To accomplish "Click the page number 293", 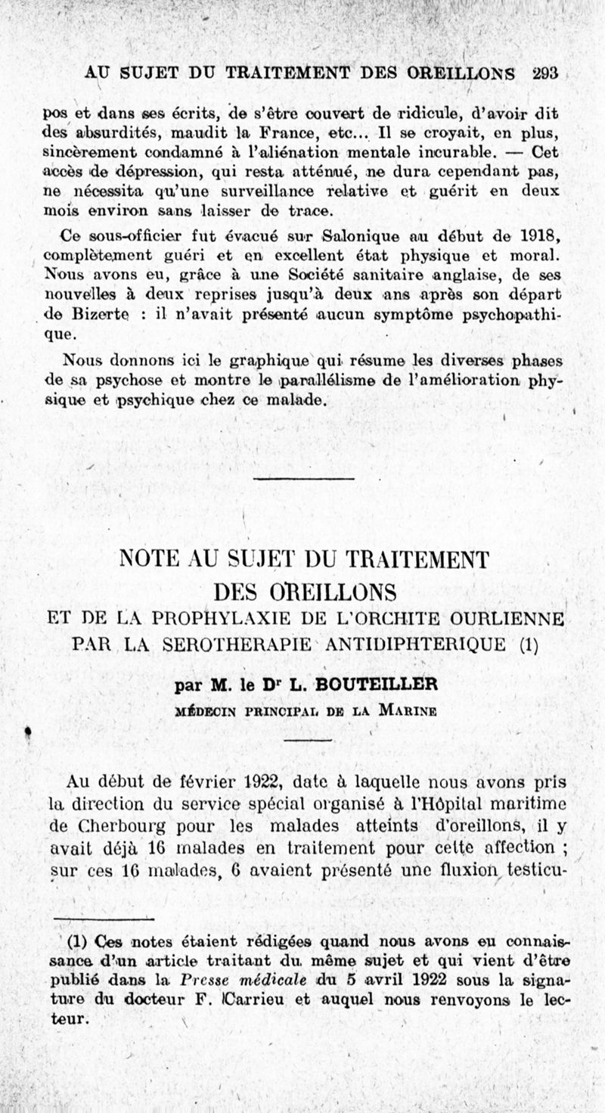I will coord(544,73).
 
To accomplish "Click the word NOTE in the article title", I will coord(148,561).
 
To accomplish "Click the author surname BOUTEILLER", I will coord(384,686).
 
